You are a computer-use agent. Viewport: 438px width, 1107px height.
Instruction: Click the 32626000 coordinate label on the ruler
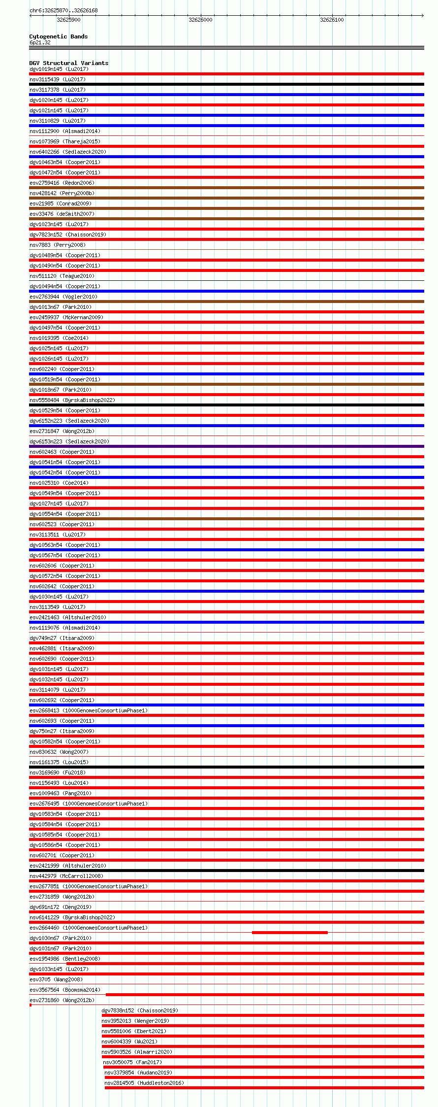tap(200, 20)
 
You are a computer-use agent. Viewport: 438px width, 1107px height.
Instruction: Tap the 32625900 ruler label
tap(68, 20)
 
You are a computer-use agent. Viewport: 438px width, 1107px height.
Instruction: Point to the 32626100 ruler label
tap(332, 20)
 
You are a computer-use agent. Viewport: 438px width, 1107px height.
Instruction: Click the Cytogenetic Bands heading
tap(58, 36)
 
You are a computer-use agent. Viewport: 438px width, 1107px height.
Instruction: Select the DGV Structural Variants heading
tap(68, 63)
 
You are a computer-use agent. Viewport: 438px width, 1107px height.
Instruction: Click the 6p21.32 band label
tap(40, 42)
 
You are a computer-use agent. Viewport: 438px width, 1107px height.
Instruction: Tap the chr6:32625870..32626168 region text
tap(63, 10)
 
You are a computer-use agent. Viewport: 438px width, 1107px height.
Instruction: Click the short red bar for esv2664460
tap(289, 932)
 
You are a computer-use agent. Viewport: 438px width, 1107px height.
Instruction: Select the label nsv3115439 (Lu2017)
tap(58, 79)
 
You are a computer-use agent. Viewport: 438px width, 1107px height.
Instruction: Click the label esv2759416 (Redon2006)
tap(62, 183)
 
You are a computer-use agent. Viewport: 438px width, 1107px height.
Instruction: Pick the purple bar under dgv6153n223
tap(226, 446)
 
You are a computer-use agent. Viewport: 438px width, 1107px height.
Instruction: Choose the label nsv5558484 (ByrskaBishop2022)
tap(72, 400)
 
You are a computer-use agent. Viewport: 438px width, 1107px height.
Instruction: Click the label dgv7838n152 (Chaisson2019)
tap(140, 1010)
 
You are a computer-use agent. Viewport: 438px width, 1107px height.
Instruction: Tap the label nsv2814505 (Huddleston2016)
tap(144, 1083)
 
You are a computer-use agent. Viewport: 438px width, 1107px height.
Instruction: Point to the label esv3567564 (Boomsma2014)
tap(64, 990)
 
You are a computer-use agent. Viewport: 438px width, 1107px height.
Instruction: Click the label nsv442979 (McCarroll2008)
tap(66, 876)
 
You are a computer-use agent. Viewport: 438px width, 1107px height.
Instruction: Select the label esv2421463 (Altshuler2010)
tap(67, 617)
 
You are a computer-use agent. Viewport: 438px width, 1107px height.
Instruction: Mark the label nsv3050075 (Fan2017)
tap(132, 1062)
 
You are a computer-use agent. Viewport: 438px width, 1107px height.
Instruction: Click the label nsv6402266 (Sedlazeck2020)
tap(67, 152)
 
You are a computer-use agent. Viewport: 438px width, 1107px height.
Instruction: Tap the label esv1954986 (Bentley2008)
tap(64, 959)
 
